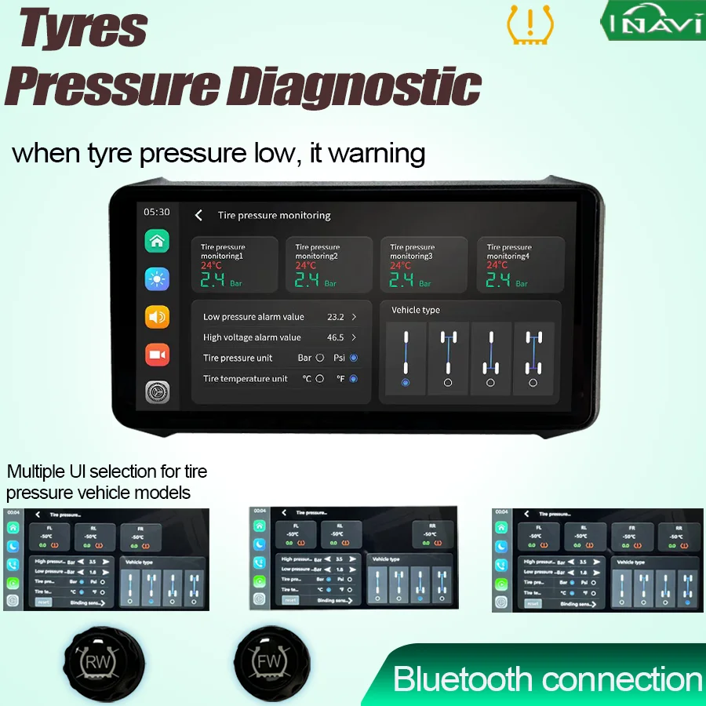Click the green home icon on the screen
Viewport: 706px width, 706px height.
click(x=157, y=241)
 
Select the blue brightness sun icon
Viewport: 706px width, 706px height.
click(x=157, y=279)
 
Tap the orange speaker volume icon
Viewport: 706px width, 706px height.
click(x=157, y=317)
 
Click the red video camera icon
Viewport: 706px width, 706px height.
click(x=157, y=355)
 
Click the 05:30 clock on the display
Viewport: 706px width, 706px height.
click(x=156, y=212)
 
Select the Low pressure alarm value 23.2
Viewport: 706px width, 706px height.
click(x=336, y=317)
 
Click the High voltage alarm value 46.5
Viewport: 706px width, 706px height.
click(x=336, y=337)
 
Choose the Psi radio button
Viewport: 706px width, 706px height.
click(x=354, y=358)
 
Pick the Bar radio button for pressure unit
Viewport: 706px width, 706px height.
click(x=319, y=358)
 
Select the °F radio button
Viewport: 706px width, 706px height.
click(x=354, y=379)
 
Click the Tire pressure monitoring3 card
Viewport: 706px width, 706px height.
click(x=424, y=265)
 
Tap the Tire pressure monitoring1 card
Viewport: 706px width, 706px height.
click(x=235, y=265)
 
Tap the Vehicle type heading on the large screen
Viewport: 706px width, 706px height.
click(x=416, y=311)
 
